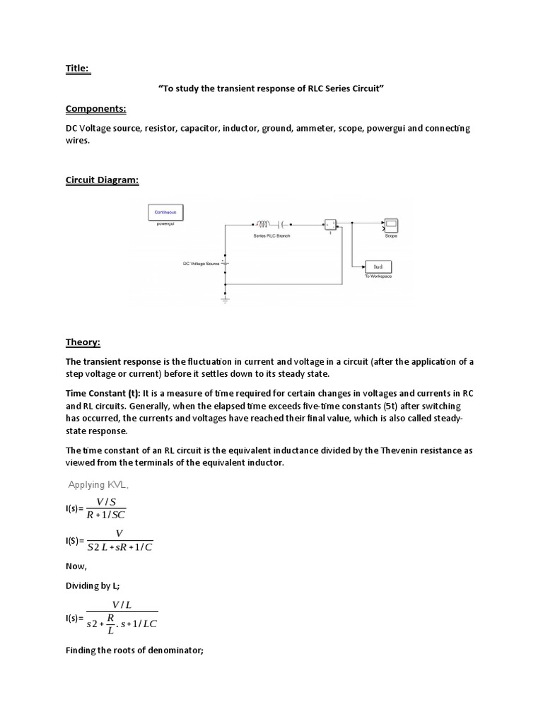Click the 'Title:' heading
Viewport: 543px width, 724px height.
point(78,69)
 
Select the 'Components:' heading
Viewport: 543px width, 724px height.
point(95,109)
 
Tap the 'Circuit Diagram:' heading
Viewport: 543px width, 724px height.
point(103,180)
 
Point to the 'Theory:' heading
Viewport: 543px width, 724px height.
point(83,342)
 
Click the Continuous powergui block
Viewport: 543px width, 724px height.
point(165,211)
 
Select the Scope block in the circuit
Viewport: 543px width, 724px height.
point(390,226)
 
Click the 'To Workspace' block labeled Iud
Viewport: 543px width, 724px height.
point(378,267)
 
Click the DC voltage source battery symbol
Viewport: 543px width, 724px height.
point(225,264)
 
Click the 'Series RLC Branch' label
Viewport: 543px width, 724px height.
point(271,235)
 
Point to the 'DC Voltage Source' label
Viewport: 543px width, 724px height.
point(201,264)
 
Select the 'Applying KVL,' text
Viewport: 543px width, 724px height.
point(98,484)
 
